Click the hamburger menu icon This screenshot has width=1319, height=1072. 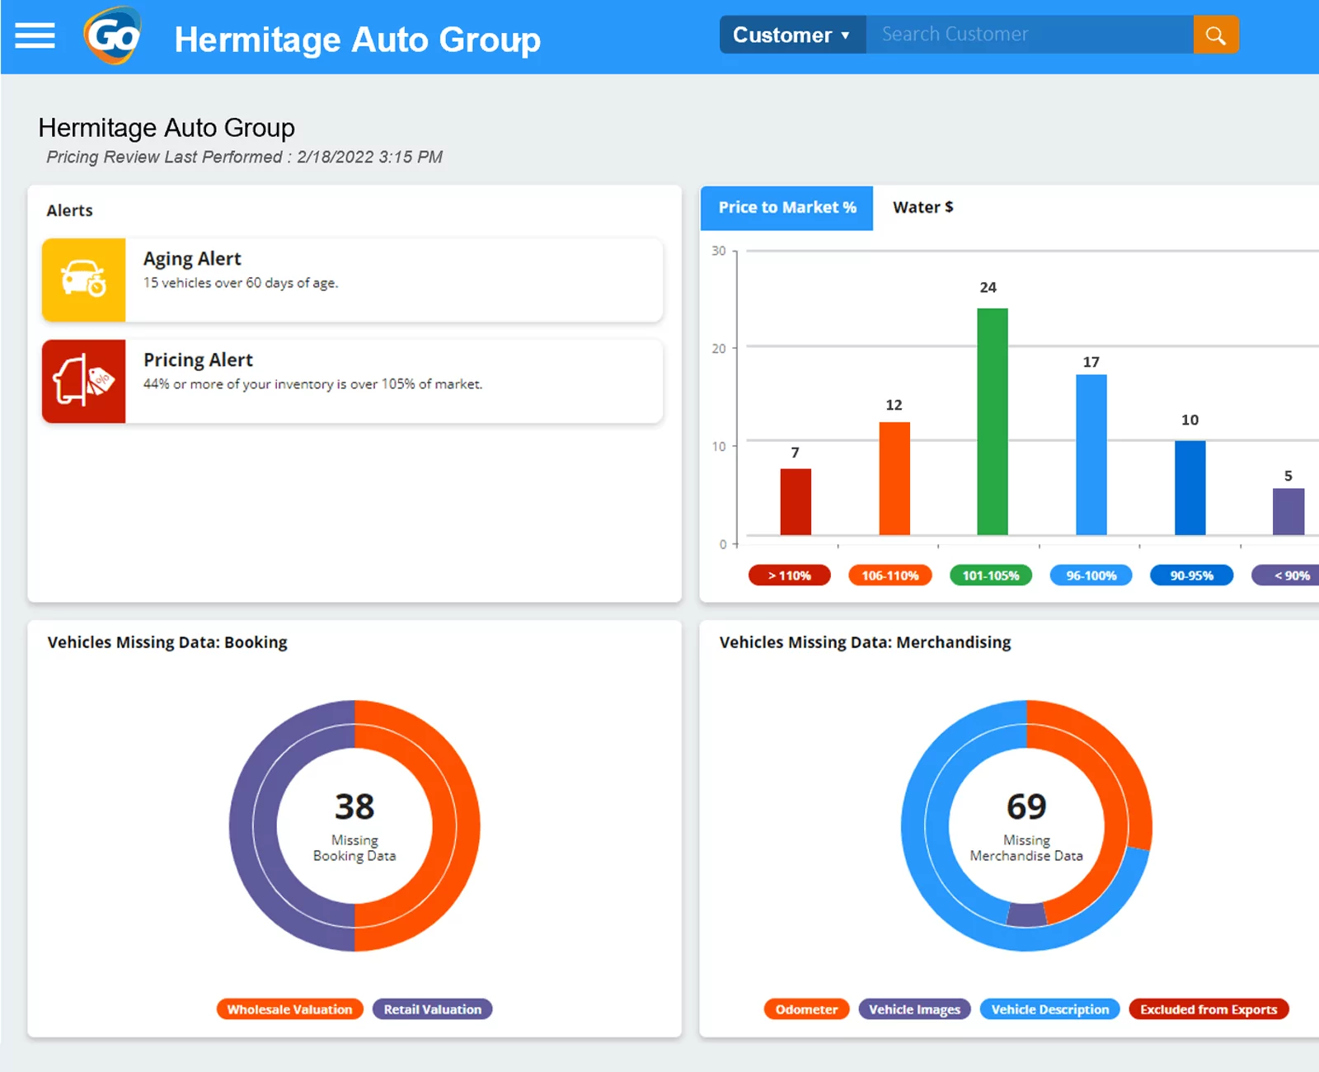coord(35,35)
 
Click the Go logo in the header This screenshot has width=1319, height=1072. coord(113,35)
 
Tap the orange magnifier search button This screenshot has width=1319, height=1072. coord(1215,35)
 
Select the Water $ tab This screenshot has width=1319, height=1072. coord(922,208)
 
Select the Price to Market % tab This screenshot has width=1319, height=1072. coord(786,208)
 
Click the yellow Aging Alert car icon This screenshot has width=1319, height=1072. coord(84,280)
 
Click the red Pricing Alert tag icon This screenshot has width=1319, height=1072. coord(84,381)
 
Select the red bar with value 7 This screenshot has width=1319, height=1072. coord(796,501)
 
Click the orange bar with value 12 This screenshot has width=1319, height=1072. coord(894,478)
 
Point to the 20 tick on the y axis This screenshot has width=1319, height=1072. coord(719,349)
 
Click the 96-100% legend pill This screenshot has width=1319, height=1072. coord(1091,576)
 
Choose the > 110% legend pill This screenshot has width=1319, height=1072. coord(789,576)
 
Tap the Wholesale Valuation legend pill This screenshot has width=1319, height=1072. coord(289,1009)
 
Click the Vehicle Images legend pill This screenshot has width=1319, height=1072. coord(914,1009)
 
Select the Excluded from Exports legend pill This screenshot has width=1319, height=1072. coord(1208,1009)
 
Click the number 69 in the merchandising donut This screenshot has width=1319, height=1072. coord(1026,806)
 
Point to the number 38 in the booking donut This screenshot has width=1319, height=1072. coord(354,806)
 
